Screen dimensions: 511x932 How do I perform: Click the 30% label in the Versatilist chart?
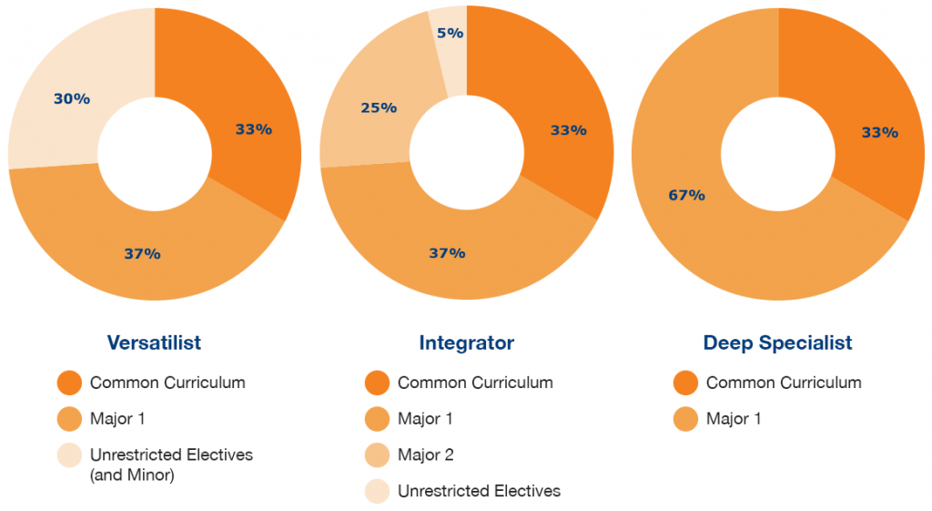pyautogui.click(x=71, y=98)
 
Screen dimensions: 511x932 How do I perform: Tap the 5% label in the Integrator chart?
pyautogui.click(x=450, y=33)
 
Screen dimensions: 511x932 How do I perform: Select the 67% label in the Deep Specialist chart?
pyautogui.click(x=686, y=195)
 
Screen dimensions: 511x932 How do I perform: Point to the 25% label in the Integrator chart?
pyautogui.click(x=379, y=107)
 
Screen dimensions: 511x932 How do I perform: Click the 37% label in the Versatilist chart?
pyautogui.click(x=142, y=254)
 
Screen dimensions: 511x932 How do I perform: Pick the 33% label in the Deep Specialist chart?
pyautogui.click(x=879, y=132)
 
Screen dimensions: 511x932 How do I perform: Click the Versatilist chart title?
pyautogui.click(x=154, y=343)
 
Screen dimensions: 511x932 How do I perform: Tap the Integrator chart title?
pyautogui.click(x=466, y=343)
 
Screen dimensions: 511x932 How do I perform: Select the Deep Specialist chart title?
pyautogui.click(x=777, y=343)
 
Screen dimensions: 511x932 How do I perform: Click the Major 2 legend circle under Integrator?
pyautogui.click(x=377, y=455)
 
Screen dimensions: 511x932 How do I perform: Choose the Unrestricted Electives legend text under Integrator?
pyautogui.click(x=479, y=492)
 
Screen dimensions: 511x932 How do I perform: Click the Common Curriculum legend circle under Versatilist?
pyautogui.click(x=69, y=383)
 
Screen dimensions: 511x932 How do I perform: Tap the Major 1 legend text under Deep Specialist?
pyautogui.click(x=734, y=419)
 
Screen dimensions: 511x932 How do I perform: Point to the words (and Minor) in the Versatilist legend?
pyautogui.click(x=134, y=474)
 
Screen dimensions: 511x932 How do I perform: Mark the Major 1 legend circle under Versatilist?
pyautogui.click(x=69, y=419)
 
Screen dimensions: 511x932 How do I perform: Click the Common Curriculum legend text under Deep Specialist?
pyautogui.click(x=784, y=383)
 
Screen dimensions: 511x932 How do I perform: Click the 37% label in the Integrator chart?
pyautogui.click(x=447, y=252)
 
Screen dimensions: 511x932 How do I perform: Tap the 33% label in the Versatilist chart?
pyautogui.click(x=253, y=129)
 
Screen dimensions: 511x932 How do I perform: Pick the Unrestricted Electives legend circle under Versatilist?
pyautogui.click(x=69, y=455)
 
